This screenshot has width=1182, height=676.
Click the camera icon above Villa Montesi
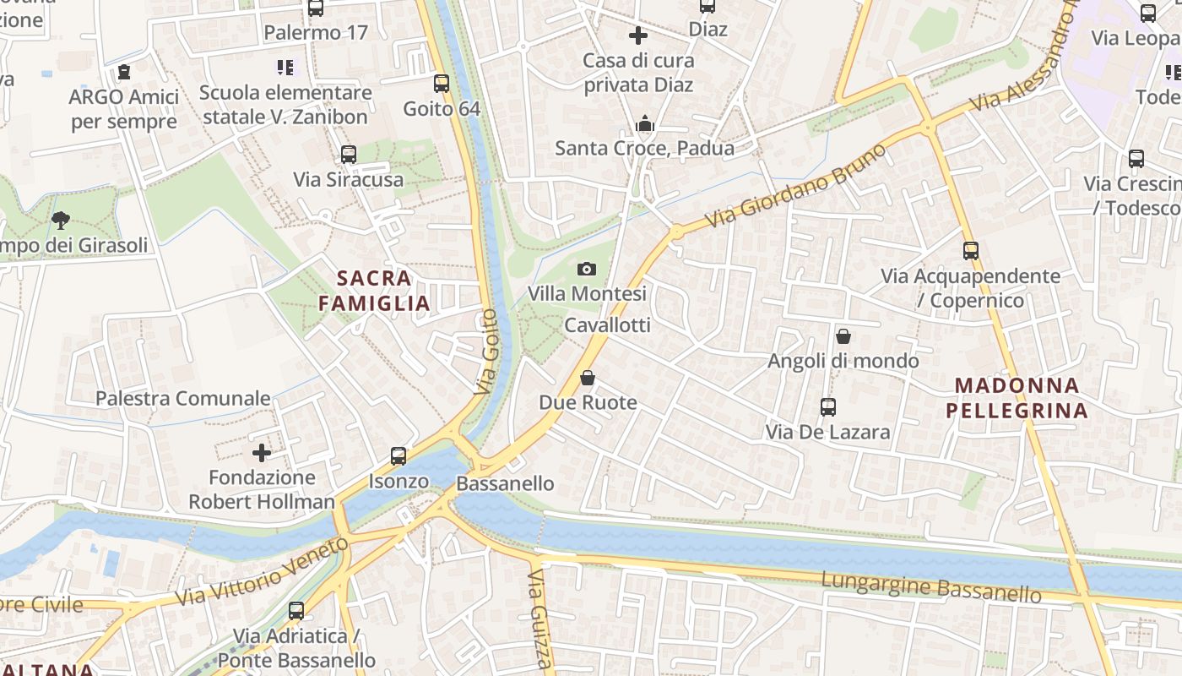(587, 270)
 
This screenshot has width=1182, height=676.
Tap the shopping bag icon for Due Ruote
(588, 378)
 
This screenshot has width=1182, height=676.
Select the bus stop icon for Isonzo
(399, 456)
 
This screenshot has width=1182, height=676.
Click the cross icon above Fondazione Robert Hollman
(262, 453)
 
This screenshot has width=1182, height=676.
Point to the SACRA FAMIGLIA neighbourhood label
(375, 290)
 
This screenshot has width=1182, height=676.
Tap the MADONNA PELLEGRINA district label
(1017, 398)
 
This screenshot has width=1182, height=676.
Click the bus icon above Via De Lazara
(828, 407)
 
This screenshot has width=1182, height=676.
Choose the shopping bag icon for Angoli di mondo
(843, 336)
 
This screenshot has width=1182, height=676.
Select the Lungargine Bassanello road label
(930, 586)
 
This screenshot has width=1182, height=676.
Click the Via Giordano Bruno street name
(798, 185)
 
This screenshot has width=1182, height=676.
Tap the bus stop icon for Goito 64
(442, 84)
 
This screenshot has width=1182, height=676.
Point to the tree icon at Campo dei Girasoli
(60, 221)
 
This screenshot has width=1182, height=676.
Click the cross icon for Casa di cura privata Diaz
(638, 35)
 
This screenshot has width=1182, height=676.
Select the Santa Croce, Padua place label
(644, 149)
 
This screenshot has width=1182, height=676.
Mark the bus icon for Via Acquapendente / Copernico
(971, 251)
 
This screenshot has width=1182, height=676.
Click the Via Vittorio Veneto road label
(262, 571)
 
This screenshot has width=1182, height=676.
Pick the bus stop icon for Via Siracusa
(349, 155)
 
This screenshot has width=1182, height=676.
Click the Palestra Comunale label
(183, 398)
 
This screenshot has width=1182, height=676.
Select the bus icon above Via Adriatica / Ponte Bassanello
(296, 610)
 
